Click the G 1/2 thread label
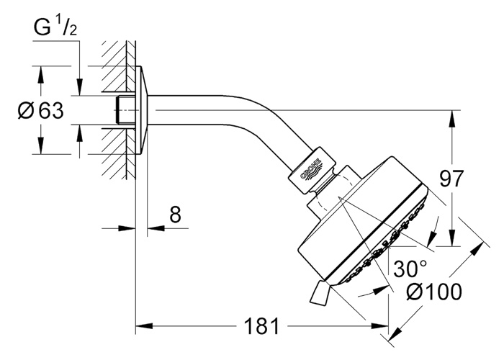coord(55,27)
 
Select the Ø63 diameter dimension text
coord(41,111)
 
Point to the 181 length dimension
coord(261,326)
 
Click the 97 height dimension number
coord(451,179)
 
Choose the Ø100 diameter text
coord(434,292)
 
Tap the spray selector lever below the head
coord(320,292)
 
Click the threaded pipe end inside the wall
coord(125,110)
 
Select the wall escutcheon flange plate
coord(141,110)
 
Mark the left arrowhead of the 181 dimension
coord(144,326)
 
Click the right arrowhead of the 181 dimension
coord(380,326)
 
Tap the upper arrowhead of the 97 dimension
coord(452,119)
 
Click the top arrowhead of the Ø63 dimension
coord(40,75)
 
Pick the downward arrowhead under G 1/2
coord(79,87)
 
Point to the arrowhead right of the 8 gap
coord(156,228)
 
